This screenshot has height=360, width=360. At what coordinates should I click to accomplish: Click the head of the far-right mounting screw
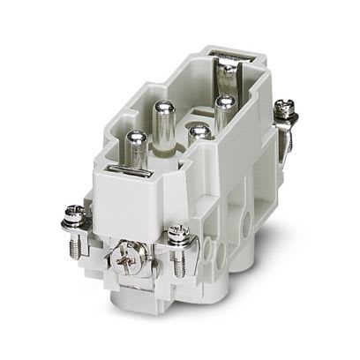(x=284, y=107)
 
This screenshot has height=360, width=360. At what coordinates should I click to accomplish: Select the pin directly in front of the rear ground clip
(x=224, y=106)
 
